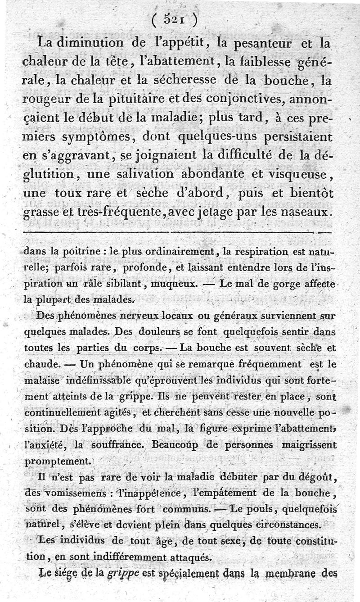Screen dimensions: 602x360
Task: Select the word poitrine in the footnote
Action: click(81, 252)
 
